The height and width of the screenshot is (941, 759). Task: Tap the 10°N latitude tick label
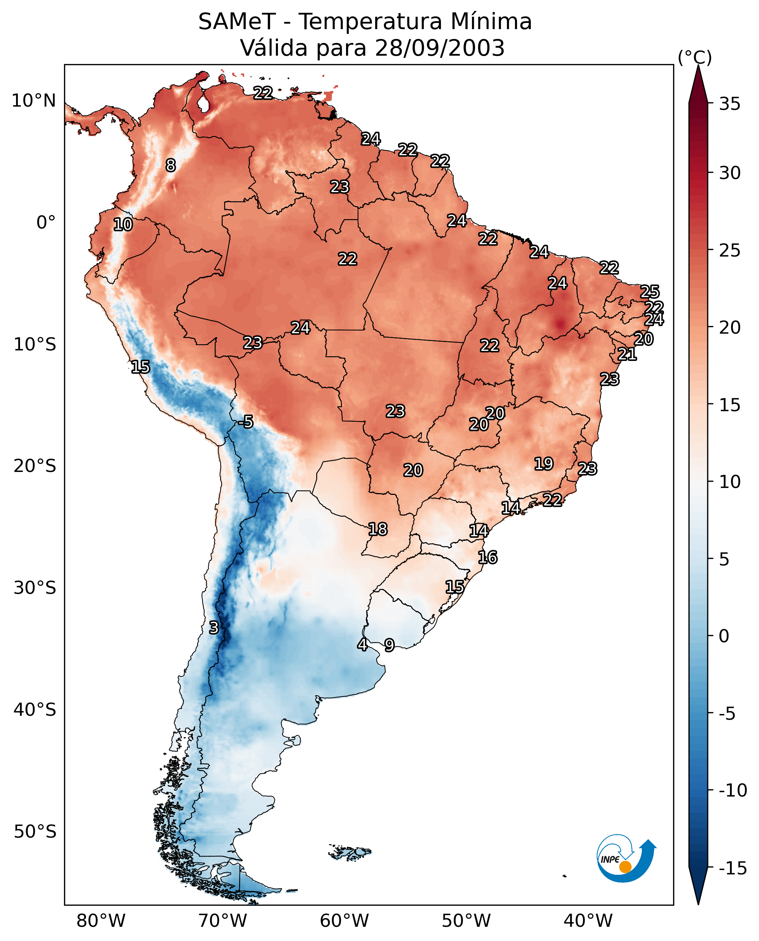(34, 101)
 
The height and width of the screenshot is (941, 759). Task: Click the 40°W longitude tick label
(588, 921)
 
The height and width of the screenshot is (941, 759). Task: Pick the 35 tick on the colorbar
(730, 104)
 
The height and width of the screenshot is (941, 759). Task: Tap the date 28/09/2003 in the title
(440, 48)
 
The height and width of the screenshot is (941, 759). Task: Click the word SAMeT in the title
(237, 21)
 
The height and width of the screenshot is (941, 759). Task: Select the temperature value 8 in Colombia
(171, 166)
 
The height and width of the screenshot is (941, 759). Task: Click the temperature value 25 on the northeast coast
(650, 292)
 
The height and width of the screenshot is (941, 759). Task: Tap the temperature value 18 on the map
(378, 529)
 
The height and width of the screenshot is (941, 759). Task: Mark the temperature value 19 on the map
(544, 464)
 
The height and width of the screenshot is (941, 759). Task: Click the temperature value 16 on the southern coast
(488, 557)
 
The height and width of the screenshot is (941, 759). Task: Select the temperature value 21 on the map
(627, 354)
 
